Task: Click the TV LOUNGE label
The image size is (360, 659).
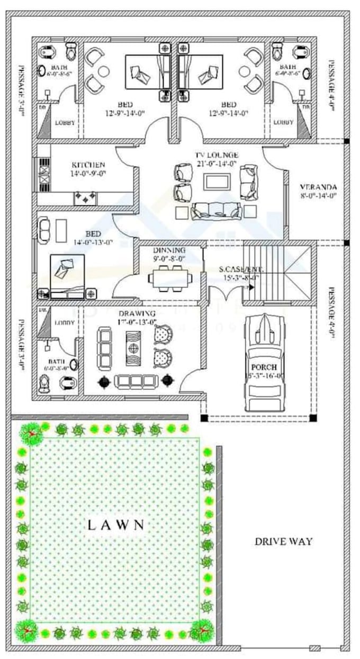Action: click(217, 155)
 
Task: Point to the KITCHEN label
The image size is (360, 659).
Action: click(88, 165)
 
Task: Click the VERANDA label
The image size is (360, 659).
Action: click(318, 187)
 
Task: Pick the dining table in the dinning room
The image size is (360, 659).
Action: click(170, 278)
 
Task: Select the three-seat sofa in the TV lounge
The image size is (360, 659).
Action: click(217, 211)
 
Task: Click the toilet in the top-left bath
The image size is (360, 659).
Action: click(71, 52)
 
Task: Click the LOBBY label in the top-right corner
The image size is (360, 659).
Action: click(283, 122)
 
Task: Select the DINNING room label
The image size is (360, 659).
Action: click(169, 250)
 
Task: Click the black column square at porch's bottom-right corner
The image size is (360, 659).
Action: click(313, 418)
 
